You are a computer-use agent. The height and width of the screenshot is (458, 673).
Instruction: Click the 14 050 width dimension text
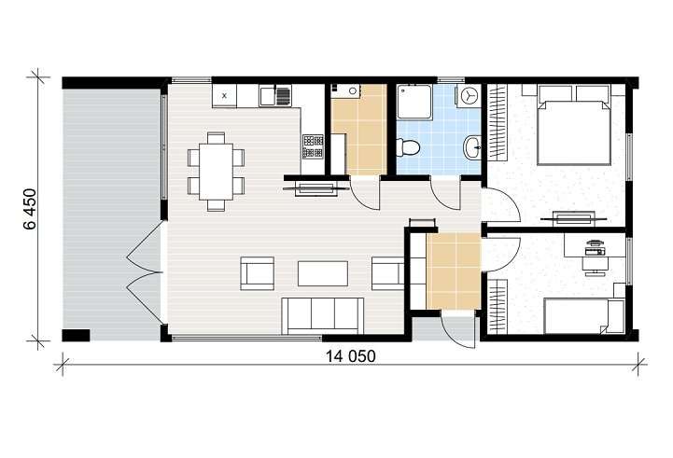click(350, 356)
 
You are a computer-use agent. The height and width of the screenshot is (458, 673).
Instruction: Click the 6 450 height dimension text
click(31, 209)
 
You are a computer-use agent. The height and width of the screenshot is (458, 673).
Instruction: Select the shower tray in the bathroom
click(414, 102)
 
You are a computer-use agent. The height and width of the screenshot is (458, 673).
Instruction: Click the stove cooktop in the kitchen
click(313, 146)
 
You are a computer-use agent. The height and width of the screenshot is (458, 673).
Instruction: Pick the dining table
click(216, 172)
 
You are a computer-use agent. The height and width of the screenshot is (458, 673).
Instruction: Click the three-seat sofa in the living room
click(322, 315)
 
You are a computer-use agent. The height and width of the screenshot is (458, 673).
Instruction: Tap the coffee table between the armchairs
click(323, 273)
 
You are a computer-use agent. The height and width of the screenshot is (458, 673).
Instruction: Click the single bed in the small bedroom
click(583, 316)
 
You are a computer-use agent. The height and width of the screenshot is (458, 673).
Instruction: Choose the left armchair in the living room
click(257, 273)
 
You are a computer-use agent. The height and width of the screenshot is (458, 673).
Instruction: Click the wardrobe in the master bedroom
click(498, 122)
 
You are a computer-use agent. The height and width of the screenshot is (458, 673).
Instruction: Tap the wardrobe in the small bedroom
click(498, 306)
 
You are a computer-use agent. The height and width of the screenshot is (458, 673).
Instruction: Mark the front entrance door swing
click(458, 328)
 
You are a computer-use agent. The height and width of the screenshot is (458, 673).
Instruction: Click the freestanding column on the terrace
click(76, 335)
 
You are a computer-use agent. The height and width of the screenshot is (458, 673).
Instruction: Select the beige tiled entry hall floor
click(454, 271)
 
